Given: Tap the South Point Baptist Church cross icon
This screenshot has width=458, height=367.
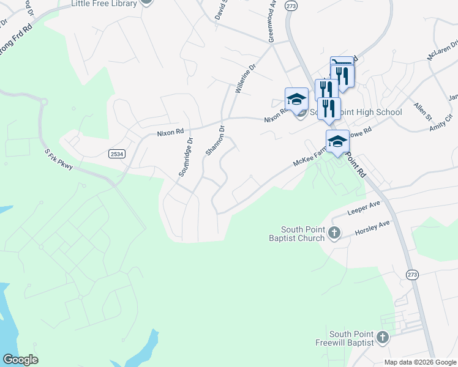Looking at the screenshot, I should coord(334,232).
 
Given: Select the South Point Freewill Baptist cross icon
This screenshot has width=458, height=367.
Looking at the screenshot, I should coord(382,337).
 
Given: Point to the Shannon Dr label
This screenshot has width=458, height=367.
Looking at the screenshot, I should coord(216,141).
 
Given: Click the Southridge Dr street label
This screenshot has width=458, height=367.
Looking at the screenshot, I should coord(186,157).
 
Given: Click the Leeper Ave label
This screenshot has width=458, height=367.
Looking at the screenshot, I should coord(364,211).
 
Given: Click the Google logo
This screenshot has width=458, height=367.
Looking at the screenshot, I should coord(20,360).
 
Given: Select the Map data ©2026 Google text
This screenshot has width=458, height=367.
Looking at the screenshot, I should coord(420,362).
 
